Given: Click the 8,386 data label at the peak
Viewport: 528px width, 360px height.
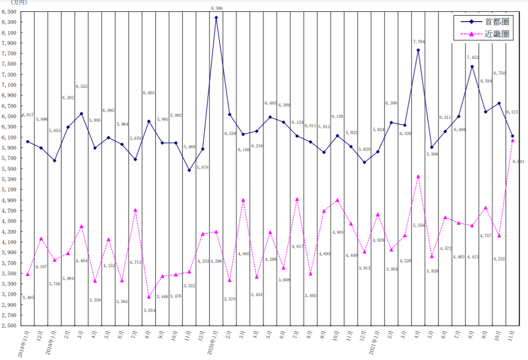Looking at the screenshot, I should click(x=217, y=8).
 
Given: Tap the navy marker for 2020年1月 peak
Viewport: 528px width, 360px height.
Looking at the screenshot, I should click(x=217, y=18).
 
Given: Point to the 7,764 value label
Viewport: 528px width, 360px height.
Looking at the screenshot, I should click(x=418, y=42).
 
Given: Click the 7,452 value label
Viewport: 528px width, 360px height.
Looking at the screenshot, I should click(x=472, y=57).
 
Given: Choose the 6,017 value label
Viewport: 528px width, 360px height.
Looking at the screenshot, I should click(x=28, y=115).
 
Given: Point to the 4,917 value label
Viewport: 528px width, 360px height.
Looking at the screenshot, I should click(x=298, y=247).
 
